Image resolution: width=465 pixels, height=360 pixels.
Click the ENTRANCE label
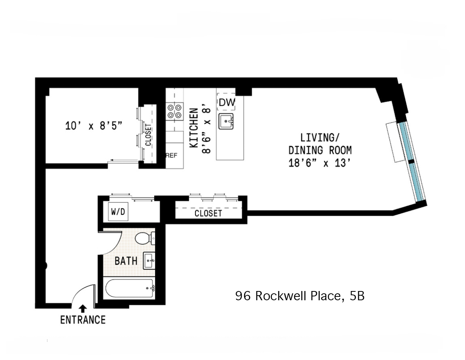point(83,320)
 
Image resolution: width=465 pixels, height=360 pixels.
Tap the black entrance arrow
point(83,308)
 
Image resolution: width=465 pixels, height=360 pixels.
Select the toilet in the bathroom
point(144,238)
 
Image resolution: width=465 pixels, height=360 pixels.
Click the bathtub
point(130,288)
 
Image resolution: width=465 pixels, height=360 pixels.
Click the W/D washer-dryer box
point(118,212)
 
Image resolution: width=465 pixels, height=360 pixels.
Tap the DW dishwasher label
point(226,103)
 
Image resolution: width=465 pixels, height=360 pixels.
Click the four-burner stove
point(174,111)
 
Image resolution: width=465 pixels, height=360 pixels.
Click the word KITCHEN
point(194,128)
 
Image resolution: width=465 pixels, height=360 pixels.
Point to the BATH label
point(126,261)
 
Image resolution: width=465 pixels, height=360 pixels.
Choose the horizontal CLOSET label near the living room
point(208,213)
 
